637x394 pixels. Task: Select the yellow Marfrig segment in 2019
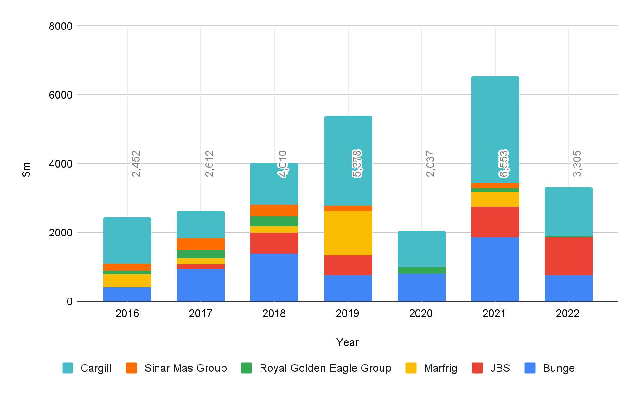click(348, 233)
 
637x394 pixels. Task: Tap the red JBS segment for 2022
click(568, 256)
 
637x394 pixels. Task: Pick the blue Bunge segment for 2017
click(201, 285)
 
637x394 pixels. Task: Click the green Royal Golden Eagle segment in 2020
click(421, 270)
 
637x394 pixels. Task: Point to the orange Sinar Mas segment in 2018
click(274, 211)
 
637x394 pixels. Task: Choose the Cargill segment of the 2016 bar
click(127, 240)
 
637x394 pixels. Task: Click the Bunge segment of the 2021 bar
click(495, 269)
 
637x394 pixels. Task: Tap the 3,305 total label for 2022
click(577, 163)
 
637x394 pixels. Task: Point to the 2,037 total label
click(430, 163)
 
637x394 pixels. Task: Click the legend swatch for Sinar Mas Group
click(132, 368)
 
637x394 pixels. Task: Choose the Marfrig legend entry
click(440, 368)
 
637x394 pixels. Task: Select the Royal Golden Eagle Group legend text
click(325, 368)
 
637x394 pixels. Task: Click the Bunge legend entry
click(558, 368)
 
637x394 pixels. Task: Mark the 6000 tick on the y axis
click(61, 95)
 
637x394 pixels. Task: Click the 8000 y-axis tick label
click(61, 26)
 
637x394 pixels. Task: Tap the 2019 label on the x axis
click(347, 313)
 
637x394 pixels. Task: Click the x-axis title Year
click(347, 342)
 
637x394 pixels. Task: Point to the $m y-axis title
click(27, 169)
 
